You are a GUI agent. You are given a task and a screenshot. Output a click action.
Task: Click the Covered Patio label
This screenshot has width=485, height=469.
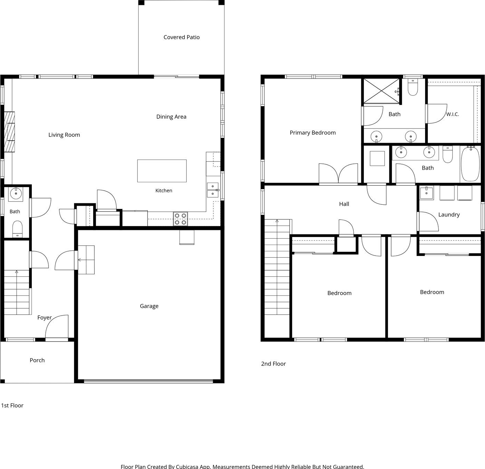point(182,37)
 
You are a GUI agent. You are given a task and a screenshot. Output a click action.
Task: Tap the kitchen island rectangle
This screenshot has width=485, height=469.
point(162,171)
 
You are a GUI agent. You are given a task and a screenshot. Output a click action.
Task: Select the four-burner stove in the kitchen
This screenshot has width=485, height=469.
point(180,219)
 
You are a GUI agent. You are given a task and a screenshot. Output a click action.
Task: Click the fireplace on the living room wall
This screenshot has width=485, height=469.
point(9,132)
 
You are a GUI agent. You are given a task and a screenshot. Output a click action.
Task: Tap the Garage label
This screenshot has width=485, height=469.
point(149,306)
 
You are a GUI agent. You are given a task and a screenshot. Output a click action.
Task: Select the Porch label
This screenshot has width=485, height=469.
point(37,360)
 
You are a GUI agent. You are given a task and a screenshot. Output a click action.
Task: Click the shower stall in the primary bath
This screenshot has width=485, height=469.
point(381,91)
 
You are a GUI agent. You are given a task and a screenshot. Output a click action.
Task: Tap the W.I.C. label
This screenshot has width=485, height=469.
point(452,114)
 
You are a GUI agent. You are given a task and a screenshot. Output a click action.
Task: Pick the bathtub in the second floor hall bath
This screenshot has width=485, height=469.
point(470,164)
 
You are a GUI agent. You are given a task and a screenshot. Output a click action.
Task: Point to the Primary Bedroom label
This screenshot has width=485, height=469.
point(312,133)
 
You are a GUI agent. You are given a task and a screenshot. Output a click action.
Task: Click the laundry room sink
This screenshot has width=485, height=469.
point(426,193)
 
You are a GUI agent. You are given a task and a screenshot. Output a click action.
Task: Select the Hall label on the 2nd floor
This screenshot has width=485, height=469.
point(344,204)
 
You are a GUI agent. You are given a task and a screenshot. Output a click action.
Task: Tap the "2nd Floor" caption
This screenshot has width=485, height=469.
point(273,364)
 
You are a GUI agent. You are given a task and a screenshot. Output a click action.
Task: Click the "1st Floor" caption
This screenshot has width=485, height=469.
point(12,406)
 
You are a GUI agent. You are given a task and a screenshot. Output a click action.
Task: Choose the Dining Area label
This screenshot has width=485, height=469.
point(171,117)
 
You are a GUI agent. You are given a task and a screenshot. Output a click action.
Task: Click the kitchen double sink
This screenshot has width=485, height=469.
point(213,190)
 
